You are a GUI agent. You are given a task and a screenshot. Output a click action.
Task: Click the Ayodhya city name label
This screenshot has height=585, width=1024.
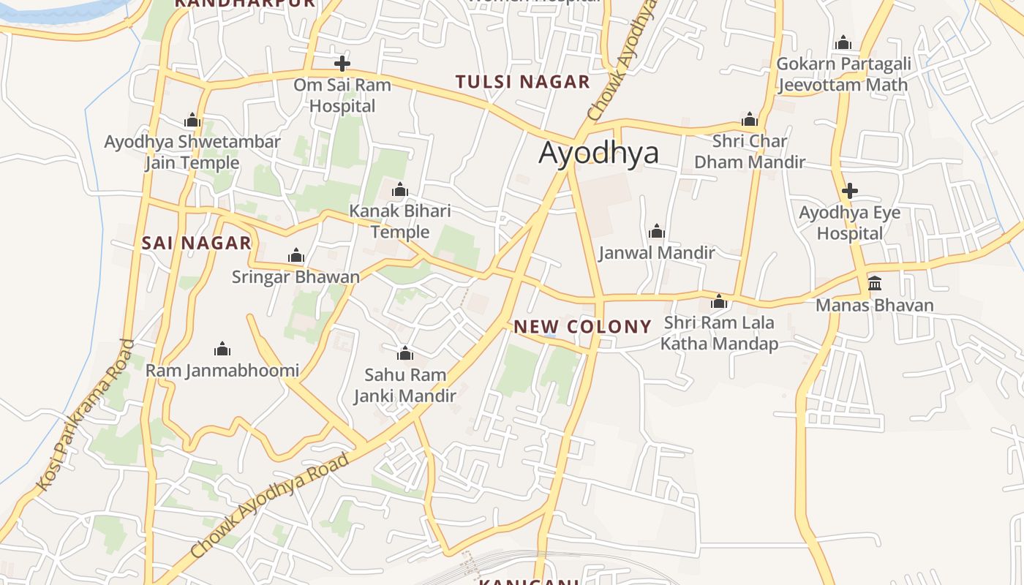598,153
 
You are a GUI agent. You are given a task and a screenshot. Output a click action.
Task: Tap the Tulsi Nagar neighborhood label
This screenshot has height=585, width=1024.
522,82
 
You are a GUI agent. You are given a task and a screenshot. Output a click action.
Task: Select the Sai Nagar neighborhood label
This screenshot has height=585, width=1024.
196,243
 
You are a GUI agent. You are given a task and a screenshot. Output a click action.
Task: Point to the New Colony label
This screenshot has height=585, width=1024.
582,327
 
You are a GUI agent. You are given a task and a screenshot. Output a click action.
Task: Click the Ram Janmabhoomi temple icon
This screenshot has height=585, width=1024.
222,350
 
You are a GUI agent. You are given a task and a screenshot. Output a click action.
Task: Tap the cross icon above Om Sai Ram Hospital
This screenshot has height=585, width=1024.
342,64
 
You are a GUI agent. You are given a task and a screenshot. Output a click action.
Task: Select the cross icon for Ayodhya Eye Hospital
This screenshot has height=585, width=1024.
849,192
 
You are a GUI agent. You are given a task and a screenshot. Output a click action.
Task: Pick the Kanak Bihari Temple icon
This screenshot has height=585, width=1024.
399,190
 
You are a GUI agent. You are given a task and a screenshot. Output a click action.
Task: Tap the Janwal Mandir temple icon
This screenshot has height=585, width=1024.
656,232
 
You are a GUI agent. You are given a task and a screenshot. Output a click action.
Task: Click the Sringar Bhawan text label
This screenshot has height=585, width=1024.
295,277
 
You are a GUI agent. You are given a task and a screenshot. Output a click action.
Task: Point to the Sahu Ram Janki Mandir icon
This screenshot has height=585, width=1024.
405,354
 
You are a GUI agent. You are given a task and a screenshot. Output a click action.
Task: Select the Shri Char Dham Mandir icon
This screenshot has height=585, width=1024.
749,120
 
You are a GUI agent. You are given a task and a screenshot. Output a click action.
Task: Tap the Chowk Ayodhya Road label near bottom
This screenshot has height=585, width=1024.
271,505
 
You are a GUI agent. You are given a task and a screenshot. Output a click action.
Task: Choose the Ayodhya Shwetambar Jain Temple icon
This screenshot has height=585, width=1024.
192,121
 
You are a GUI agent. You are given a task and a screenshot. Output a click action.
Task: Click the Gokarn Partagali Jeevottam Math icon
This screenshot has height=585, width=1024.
843,42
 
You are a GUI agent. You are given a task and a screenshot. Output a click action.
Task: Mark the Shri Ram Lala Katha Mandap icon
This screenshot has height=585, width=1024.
719,301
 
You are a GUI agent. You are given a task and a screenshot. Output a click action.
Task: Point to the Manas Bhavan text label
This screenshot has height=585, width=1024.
875,305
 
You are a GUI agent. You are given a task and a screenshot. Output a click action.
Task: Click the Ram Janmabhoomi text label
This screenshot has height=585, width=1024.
222,371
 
